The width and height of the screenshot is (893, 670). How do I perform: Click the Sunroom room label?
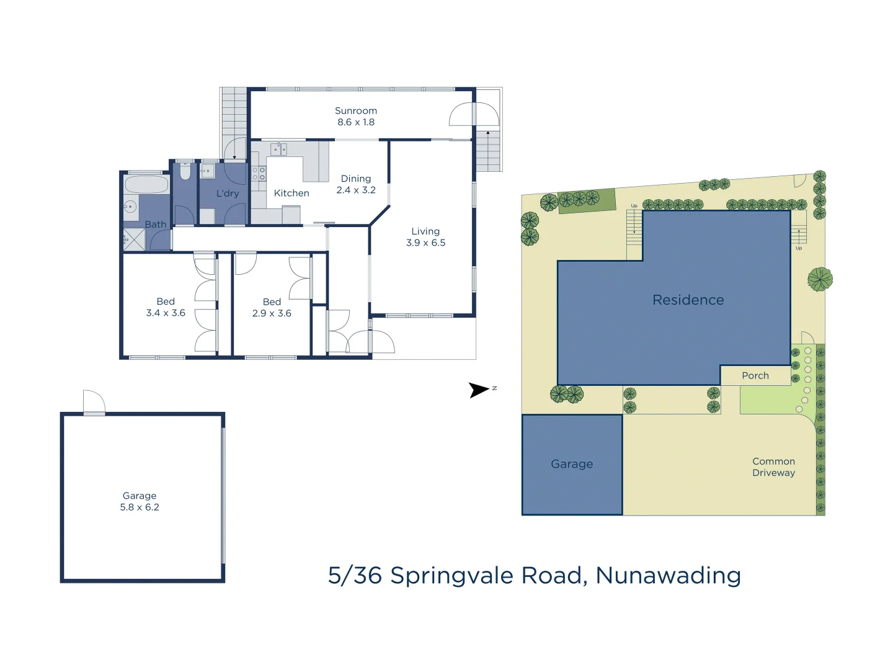[355, 110]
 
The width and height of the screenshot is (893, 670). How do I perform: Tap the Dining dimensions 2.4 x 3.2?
[356, 190]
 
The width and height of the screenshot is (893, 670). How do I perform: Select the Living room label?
[425, 231]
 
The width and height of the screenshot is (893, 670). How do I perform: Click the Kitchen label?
[291, 193]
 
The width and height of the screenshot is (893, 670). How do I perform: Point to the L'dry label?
[227, 194]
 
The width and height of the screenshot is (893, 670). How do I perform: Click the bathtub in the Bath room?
[146, 184]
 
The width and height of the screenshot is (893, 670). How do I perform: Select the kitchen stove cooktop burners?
[259, 174]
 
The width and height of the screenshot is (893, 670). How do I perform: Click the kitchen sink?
[278, 149]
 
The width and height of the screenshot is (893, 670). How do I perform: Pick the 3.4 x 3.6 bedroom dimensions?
[166, 313]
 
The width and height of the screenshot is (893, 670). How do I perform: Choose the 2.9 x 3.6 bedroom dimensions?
[272, 313]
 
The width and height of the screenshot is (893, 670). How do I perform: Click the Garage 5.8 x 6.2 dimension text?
[140, 507]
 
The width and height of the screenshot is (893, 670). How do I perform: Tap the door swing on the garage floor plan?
[94, 401]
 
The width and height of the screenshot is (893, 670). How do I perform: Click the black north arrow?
[478, 390]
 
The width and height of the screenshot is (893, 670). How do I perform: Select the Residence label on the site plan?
[688, 300]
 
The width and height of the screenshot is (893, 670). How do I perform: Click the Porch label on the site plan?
[755, 376]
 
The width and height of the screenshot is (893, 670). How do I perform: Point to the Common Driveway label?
[773, 467]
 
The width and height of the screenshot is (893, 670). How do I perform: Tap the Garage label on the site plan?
[572, 464]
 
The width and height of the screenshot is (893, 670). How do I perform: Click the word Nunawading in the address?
[668, 576]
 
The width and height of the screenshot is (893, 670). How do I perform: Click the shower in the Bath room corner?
[134, 239]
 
